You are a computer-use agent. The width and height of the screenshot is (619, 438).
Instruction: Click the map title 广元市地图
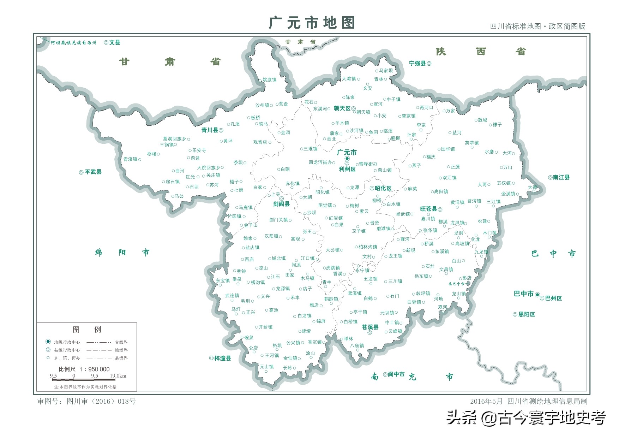pyautogui.click(x=312, y=23)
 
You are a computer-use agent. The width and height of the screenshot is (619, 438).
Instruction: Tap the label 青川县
pyautogui.click(x=210, y=130)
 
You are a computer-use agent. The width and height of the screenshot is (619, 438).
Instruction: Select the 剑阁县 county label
pyautogui.click(x=281, y=204)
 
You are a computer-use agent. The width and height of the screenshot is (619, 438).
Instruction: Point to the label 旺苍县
pyautogui.click(x=428, y=209)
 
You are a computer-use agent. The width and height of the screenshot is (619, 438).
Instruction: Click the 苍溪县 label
pyautogui.click(x=370, y=327)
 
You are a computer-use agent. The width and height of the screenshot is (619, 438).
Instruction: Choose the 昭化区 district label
pyautogui.click(x=383, y=188)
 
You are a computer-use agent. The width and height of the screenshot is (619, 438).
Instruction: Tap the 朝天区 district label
pyautogui.click(x=342, y=108)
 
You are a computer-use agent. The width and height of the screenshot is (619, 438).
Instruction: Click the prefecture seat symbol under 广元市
pyautogui.click(x=347, y=159)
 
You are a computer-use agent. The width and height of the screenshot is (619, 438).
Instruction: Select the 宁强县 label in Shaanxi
pyautogui.click(x=417, y=63)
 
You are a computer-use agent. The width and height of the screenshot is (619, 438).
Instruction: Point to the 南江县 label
pyautogui.click(x=561, y=177)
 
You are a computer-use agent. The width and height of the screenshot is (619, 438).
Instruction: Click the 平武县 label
pyautogui.click(x=93, y=172)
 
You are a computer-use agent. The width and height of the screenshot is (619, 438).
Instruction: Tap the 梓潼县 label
pyautogui.click(x=223, y=358)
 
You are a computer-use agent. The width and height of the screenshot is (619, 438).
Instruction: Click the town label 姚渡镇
pyautogui.click(x=269, y=80)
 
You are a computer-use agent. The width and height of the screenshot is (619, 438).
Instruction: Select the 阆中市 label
pyautogui.click(x=396, y=374)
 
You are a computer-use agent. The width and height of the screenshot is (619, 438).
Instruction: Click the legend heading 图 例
pyautogui.click(x=87, y=330)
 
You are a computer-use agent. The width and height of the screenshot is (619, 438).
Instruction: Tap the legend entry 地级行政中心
pyautogui.click(x=67, y=342)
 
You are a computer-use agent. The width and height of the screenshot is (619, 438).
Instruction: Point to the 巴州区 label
pyautogui.click(x=553, y=298)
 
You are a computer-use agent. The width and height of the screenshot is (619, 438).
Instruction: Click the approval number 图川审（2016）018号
pyautogui.click(x=101, y=401)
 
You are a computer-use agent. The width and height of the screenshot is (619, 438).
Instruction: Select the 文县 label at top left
pyautogui.click(x=114, y=42)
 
